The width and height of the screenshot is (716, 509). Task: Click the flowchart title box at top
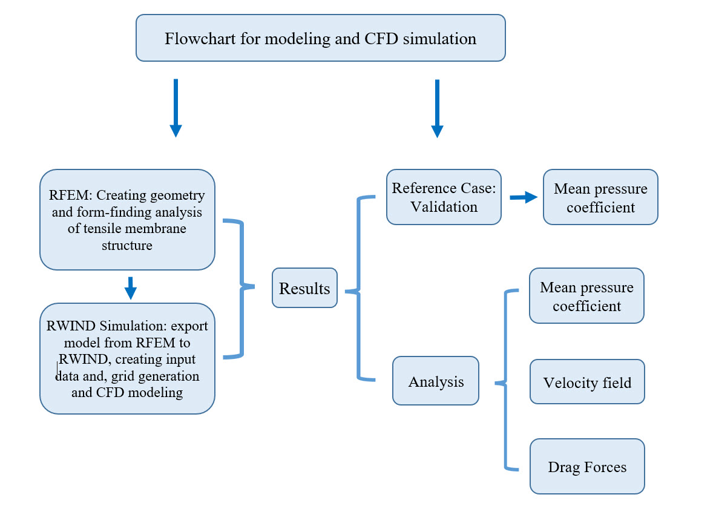[320, 38]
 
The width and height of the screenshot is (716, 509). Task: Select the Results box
[304, 288]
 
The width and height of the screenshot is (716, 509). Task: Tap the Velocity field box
[586, 382]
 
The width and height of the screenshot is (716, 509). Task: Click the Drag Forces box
[586, 466]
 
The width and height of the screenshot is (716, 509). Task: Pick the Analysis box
[435, 381]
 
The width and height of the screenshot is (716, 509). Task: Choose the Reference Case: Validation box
[444, 197]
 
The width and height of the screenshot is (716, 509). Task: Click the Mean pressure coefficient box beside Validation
[600, 197]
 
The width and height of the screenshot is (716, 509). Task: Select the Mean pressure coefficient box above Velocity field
[586, 296]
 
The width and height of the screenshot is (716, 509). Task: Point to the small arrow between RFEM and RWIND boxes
[130, 287]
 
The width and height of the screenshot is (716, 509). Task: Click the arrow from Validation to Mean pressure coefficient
[524, 197]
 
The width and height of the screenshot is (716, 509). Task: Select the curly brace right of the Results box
[359, 289]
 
